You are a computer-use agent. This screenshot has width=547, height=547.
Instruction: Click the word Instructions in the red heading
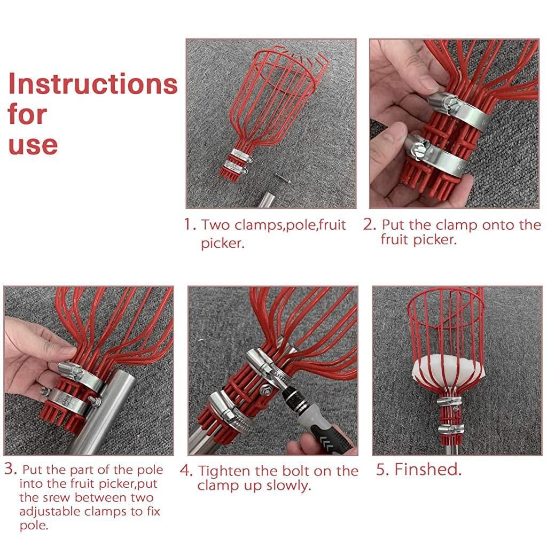[x=92, y=84]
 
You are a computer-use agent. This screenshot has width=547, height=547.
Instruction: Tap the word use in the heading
[x=33, y=145]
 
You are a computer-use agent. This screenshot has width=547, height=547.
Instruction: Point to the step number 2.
[x=369, y=224]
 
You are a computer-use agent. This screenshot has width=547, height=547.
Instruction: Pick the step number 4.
[x=185, y=471]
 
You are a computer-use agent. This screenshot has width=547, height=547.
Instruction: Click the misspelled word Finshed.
[x=427, y=470]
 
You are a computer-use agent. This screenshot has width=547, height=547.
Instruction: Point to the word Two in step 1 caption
[x=216, y=225]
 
